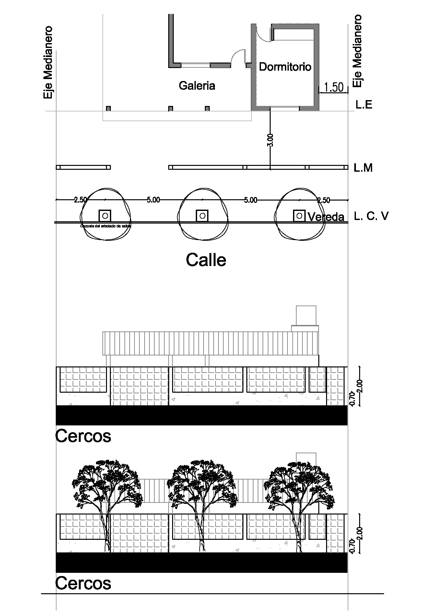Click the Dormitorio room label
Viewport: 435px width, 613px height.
click(x=285, y=67)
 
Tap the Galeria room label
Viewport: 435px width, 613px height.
click(x=197, y=86)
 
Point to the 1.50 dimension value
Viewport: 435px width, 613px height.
click(x=334, y=87)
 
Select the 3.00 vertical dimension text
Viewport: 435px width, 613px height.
click(x=270, y=140)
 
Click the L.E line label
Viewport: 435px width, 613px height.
click(x=364, y=105)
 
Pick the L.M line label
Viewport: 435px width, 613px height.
click(x=363, y=168)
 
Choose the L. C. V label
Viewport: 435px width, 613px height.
click(x=371, y=216)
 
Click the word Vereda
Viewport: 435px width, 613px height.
click(x=326, y=217)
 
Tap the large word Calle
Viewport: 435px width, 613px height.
click(x=206, y=260)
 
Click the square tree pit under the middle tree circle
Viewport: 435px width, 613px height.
click(x=202, y=215)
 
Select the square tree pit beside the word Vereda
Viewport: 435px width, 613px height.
click(x=299, y=215)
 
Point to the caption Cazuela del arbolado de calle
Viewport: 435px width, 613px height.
click(x=105, y=226)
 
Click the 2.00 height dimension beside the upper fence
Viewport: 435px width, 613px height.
click(x=361, y=386)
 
